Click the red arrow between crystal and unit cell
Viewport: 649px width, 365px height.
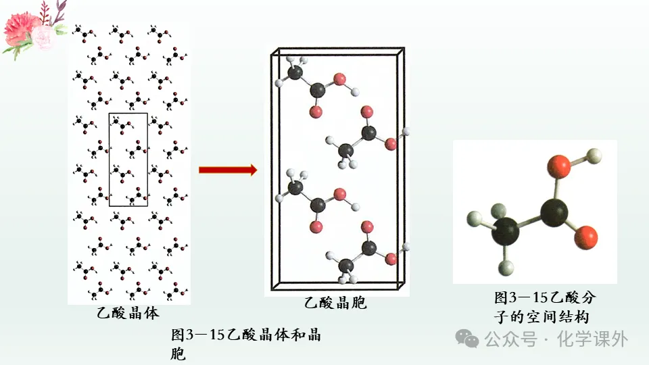point(228,170)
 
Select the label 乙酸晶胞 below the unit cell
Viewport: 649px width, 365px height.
point(335,303)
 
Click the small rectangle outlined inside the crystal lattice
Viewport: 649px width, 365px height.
point(128,160)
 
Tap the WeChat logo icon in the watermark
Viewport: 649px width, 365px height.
point(467,338)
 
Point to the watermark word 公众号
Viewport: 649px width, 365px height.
point(510,339)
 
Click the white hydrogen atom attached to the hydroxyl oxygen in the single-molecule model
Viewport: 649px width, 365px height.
point(594,156)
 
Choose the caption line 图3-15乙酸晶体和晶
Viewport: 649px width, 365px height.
point(246,335)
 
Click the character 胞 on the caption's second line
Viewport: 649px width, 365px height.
point(178,354)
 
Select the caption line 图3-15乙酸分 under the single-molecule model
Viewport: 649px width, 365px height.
point(545,297)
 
